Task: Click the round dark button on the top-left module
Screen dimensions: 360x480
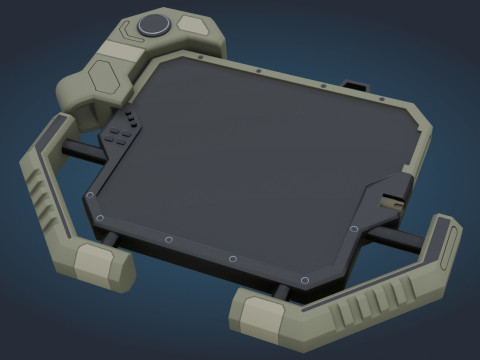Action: [x=153, y=26]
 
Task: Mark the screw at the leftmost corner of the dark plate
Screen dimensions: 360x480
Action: [x=91, y=195]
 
